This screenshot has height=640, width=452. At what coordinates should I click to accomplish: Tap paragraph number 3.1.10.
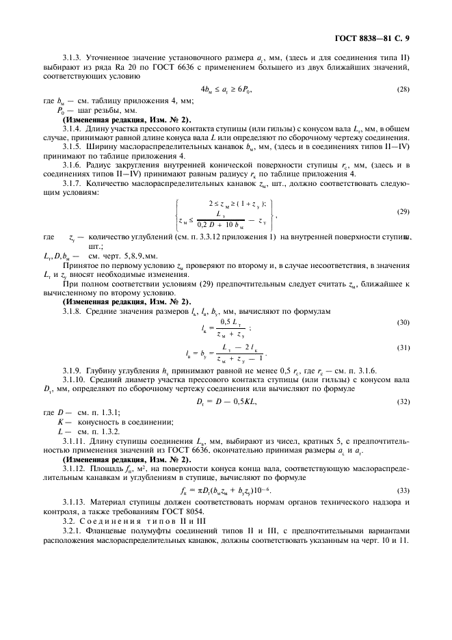point(76,379)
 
